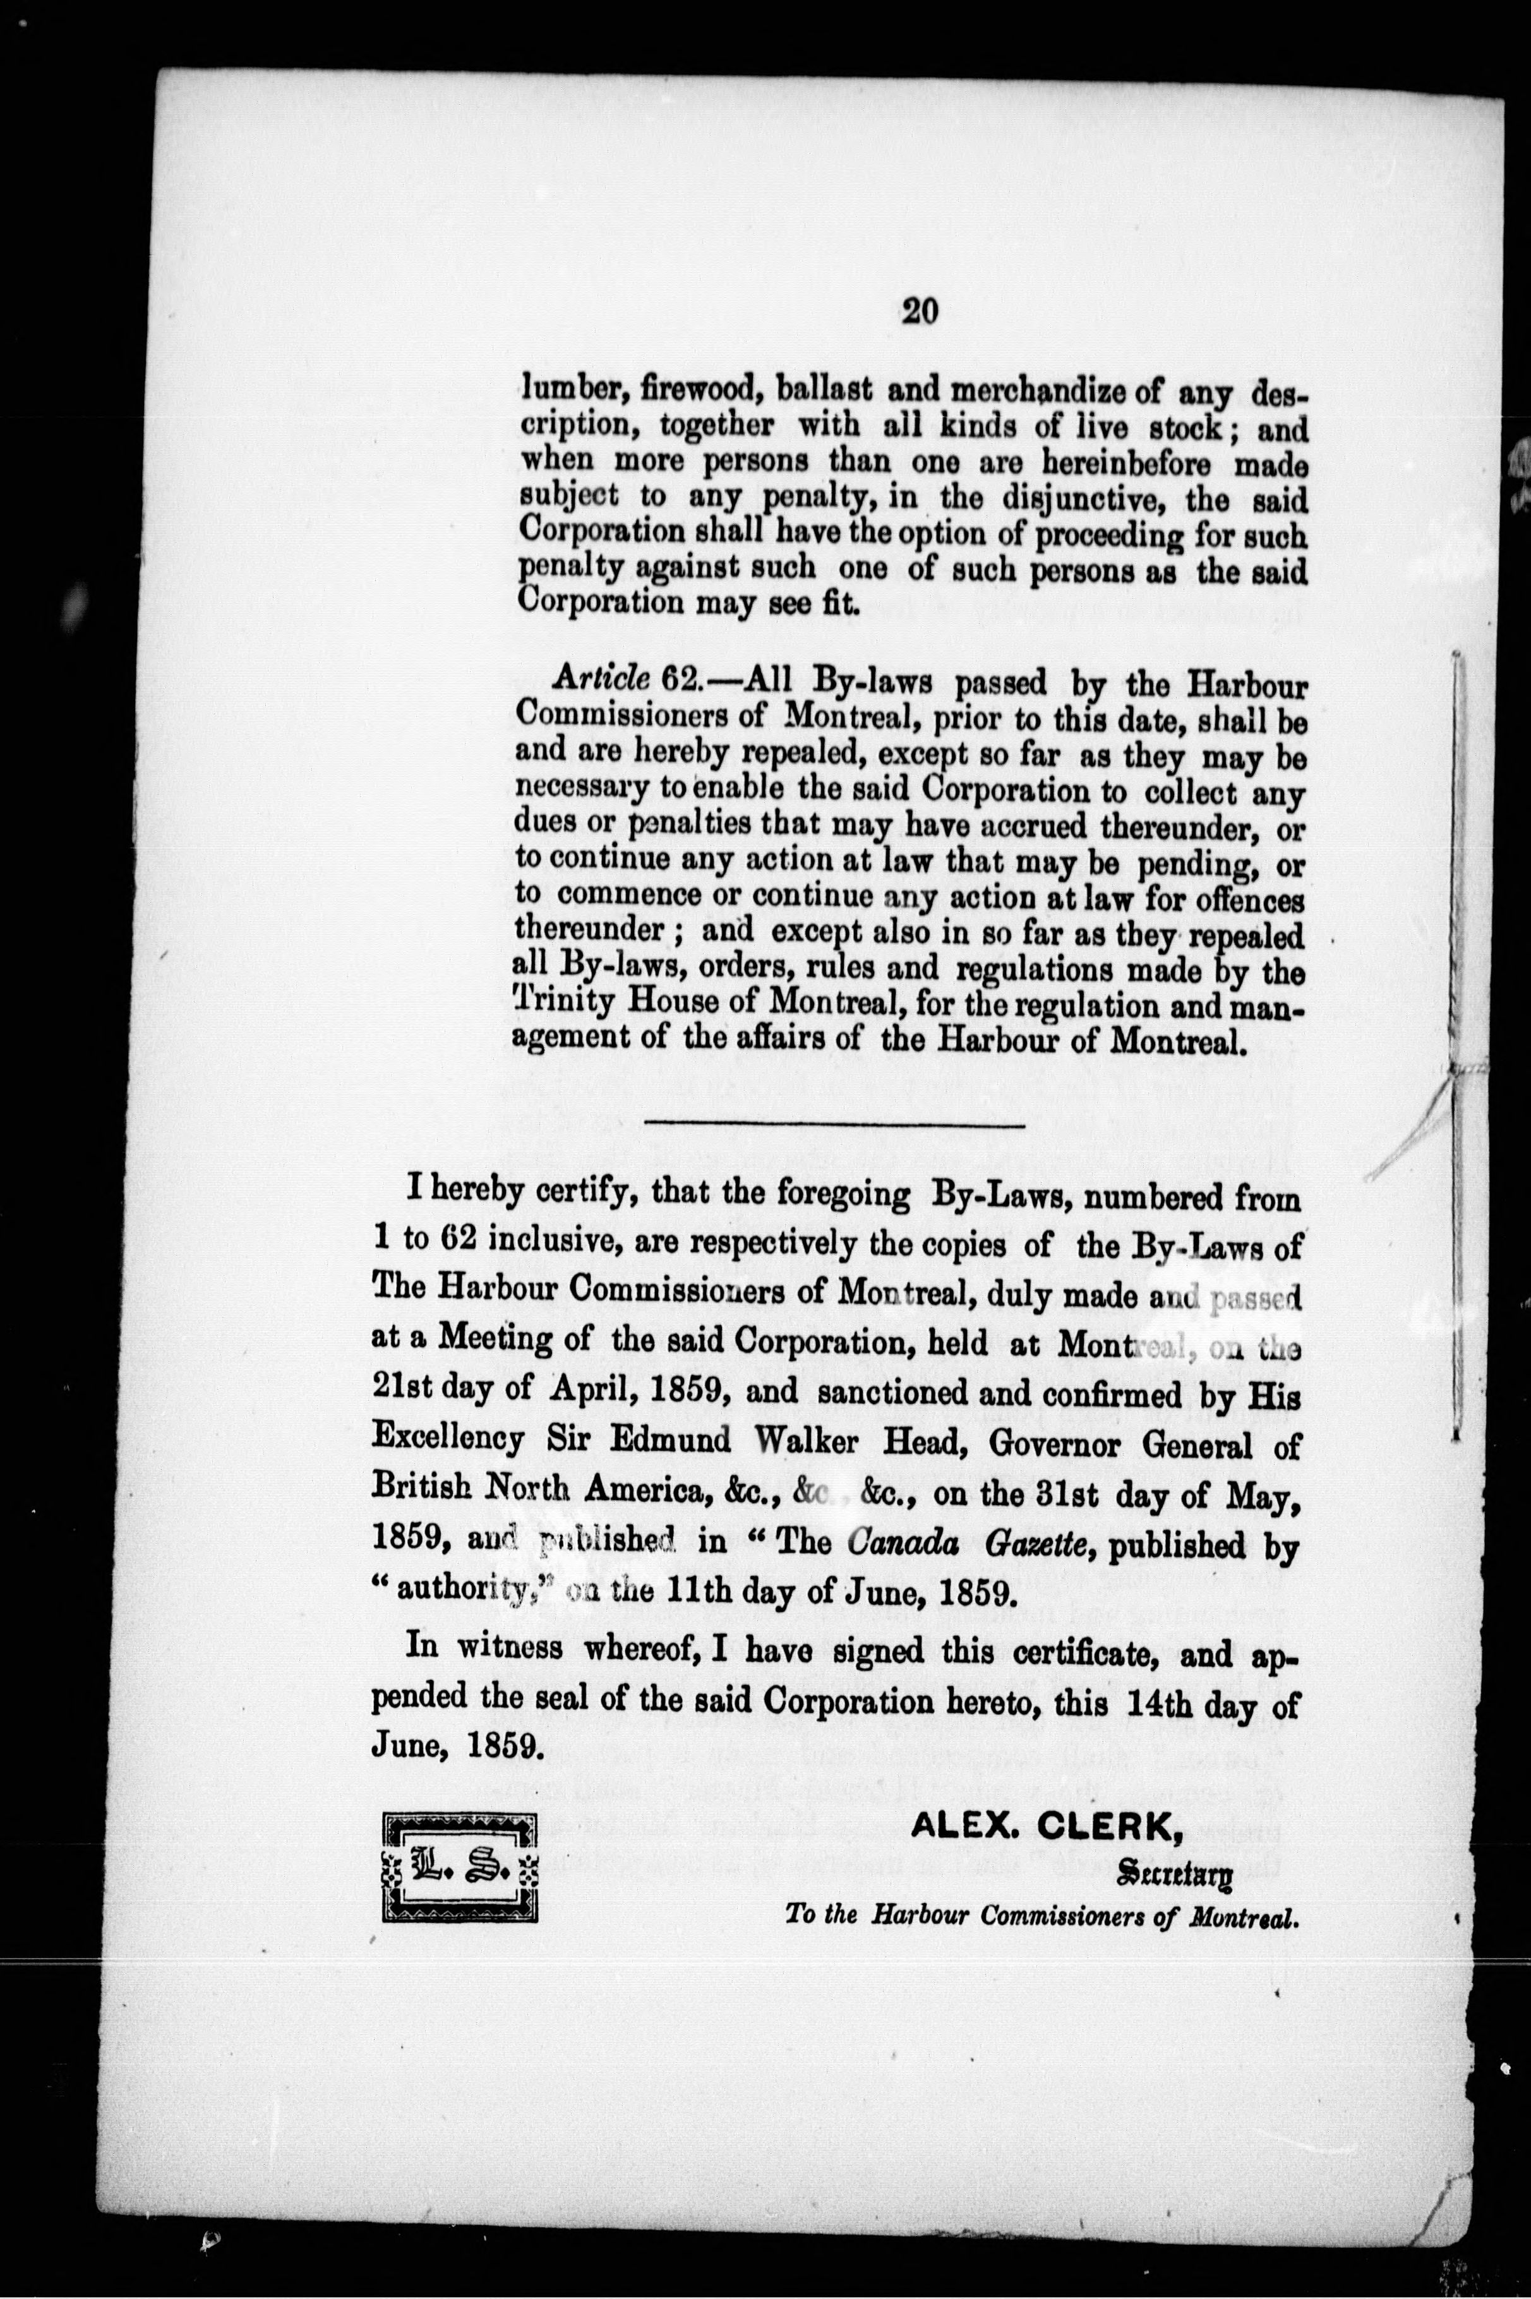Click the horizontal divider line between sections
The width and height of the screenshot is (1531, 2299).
click(x=835, y=1125)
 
